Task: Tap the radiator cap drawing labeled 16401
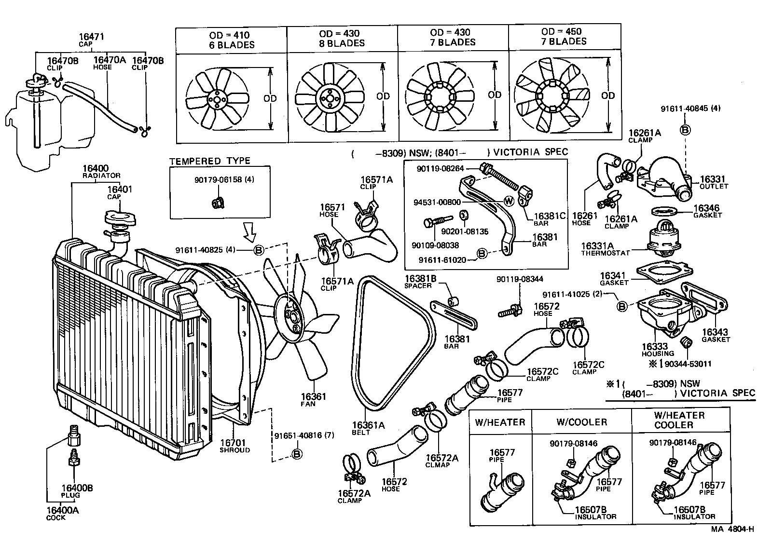coord(118,218)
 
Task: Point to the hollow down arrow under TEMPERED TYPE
coord(249,231)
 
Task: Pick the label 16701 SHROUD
coord(234,446)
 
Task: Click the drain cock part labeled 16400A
coord(74,435)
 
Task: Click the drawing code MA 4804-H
coord(732,529)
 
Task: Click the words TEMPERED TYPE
coord(209,161)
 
